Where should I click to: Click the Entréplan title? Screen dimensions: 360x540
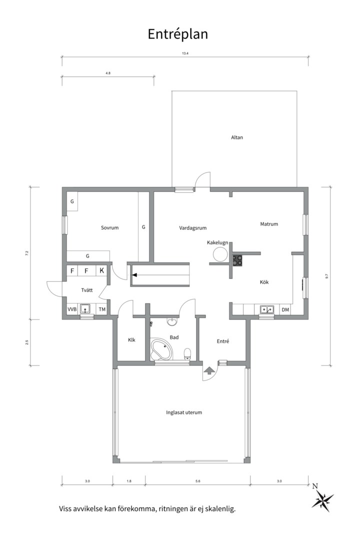178,34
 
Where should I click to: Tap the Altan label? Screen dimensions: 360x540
237,137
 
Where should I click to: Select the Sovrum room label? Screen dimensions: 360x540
109,227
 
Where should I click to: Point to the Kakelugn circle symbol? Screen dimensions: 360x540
220,255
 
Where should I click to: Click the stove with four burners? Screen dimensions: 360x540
237,260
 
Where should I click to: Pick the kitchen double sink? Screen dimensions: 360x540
267,309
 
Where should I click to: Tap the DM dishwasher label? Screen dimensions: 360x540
285,310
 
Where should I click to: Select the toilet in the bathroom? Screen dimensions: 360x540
187,353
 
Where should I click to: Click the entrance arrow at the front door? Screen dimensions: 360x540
209,370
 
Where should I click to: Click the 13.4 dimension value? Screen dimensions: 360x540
185,53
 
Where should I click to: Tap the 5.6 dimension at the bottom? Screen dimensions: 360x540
197,481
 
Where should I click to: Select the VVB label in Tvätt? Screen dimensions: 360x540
72,309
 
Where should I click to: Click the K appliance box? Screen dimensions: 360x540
102,270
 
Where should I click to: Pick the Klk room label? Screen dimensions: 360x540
131,340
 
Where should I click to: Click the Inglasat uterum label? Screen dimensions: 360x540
184,412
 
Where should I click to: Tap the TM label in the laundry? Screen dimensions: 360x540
102,309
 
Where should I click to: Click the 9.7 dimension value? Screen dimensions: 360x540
326,276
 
